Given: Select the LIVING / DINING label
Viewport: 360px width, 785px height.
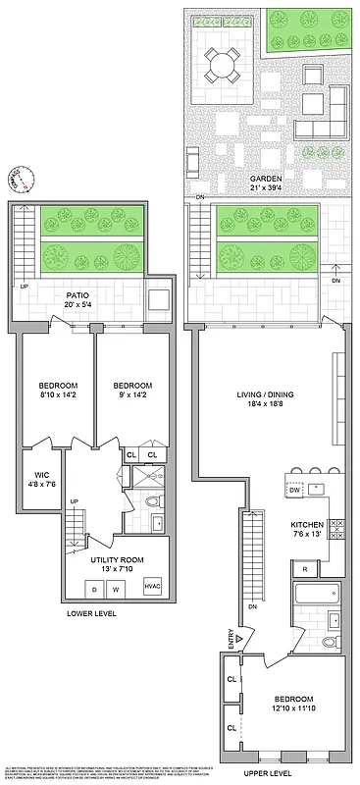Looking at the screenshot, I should [265, 395].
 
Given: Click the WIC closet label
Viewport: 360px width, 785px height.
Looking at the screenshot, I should [41, 475].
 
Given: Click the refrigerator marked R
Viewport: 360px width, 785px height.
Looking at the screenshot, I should [306, 569].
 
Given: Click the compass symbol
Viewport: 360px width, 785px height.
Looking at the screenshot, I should [24, 180].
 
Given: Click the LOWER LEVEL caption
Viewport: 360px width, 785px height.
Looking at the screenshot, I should [91, 615].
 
